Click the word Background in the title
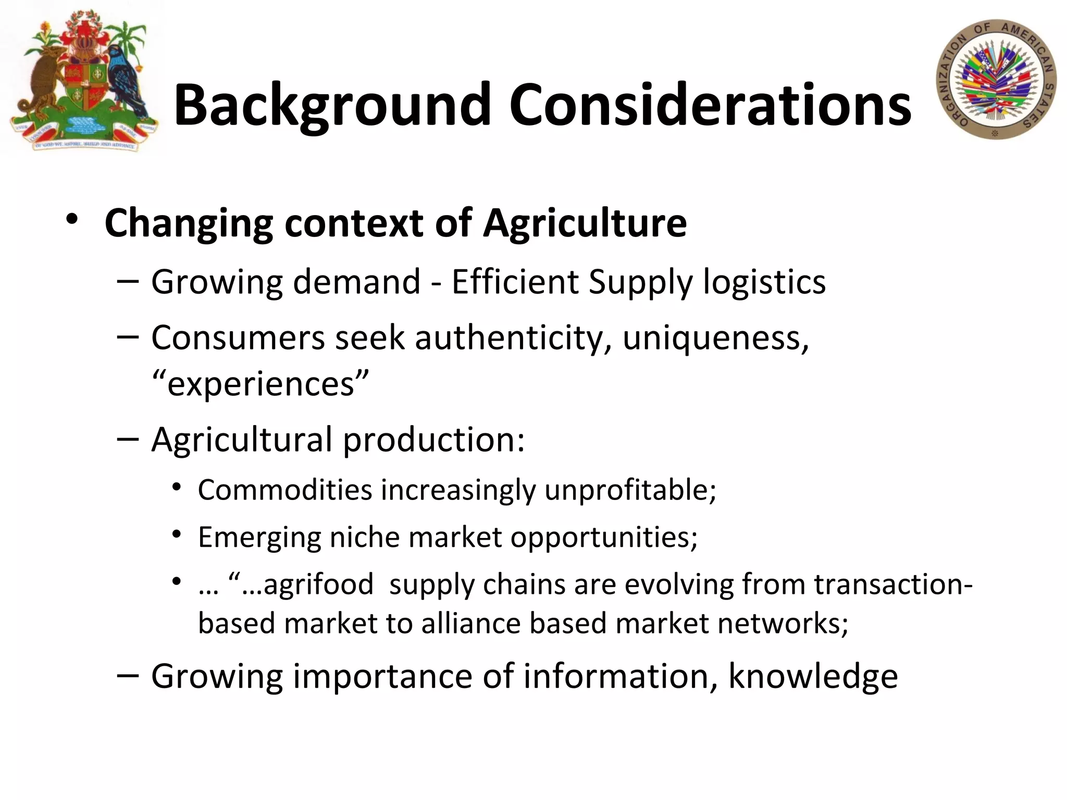click(332, 106)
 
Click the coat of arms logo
click(83, 81)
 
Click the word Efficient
click(515, 282)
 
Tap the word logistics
click(764, 282)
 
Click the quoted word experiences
click(260, 384)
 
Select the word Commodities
click(285, 490)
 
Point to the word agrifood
click(318, 584)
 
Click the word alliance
click(471, 623)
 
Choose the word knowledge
click(813, 676)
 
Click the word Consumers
click(238, 339)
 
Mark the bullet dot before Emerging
click(177, 534)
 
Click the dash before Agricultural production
click(128, 439)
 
